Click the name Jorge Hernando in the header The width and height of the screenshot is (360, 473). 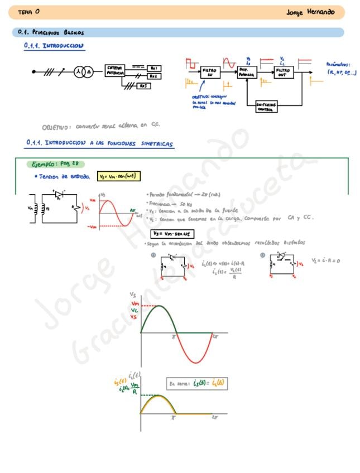310,12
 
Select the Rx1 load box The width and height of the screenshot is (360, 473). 154,67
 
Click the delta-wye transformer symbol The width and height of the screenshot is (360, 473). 83,72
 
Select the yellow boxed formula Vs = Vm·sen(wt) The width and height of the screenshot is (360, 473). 118,176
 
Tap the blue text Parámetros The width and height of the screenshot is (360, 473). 337,65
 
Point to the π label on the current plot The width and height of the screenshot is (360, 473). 173,417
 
